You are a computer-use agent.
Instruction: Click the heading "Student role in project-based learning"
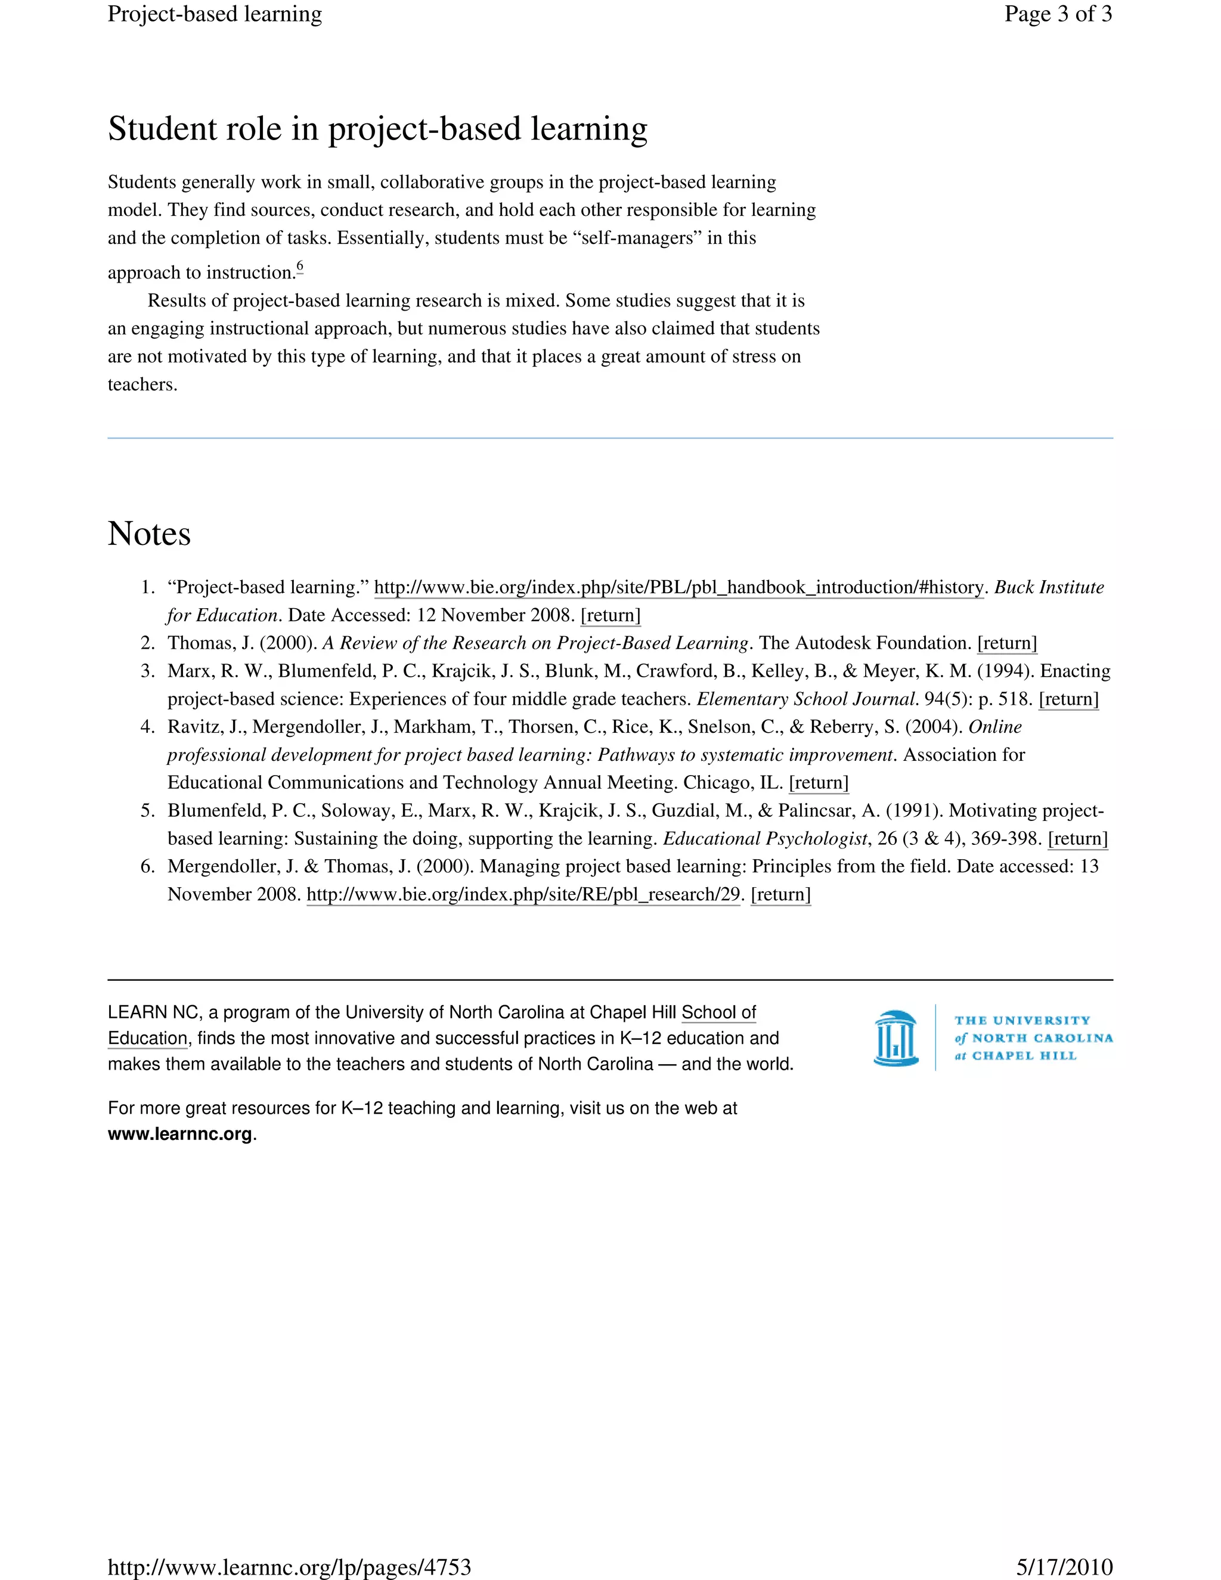click(x=377, y=129)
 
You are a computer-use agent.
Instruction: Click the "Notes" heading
click(x=149, y=534)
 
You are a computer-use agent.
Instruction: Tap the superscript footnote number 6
click(x=299, y=267)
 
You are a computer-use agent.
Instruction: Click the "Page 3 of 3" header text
click(x=1058, y=14)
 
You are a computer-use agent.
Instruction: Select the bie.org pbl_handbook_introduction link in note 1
click(x=678, y=587)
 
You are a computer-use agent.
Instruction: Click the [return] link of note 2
click(x=1006, y=643)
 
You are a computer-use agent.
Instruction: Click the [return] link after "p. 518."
click(x=1068, y=699)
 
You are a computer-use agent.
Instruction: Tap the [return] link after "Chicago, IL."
click(x=818, y=783)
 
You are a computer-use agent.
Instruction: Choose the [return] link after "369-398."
click(x=1077, y=838)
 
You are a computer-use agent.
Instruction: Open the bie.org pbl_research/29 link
click(x=523, y=895)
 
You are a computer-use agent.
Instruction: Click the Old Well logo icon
click(x=896, y=1038)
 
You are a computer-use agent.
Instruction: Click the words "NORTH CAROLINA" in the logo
click(x=1042, y=1038)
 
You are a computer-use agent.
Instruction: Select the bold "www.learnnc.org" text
click(x=180, y=1133)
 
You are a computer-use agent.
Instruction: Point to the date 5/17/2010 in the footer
click(x=1064, y=1567)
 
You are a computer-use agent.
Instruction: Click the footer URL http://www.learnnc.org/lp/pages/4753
click(x=289, y=1567)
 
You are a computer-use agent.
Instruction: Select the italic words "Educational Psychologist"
click(x=764, y=838)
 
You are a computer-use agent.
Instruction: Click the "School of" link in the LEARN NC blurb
click(x=718, y=1012)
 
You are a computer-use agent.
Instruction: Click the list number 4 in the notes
click(x=148, y=727)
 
